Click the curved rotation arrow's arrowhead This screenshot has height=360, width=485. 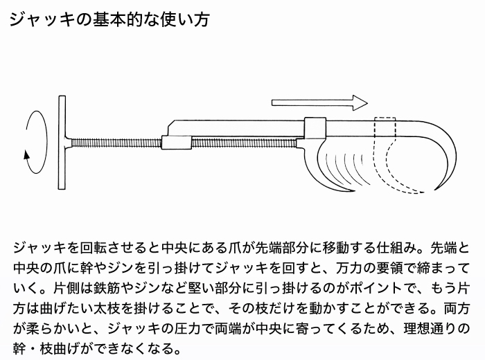click(x=27, y=155)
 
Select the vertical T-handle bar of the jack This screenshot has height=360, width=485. click(x=62, y=143)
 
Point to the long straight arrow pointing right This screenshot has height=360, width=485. click(x=319, y=103)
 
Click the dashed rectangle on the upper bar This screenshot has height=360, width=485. click(x=385, y=127)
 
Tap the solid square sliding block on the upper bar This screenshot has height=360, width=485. click(x=315, y=128)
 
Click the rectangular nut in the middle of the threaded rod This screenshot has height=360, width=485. click(x=176, y=143)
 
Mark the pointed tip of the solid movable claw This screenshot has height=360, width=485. click(x=355, y=190)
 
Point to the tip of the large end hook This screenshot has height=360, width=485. click(x=435, y=189)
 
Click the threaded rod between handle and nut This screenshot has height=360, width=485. click(x=116, y=143)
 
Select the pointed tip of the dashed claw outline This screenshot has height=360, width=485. click(x=424, y=193)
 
